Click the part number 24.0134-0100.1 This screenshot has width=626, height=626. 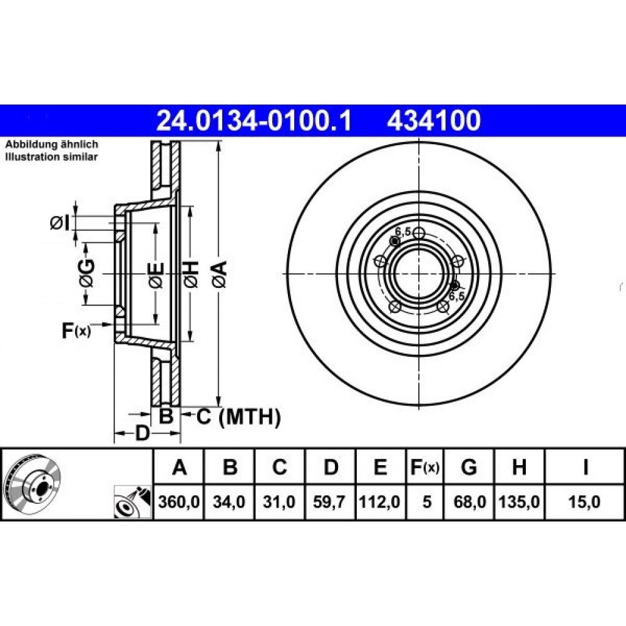[254, 121]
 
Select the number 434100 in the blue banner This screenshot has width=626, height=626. [434, 121]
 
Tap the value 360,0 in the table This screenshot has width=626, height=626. [179, 502]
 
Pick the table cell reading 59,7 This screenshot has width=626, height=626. [329, 502]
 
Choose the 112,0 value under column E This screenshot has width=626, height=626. [380, 502]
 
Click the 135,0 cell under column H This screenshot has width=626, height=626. [519, 502]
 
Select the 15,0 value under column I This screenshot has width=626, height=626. [585, 502]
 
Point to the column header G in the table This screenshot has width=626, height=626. [469, 467]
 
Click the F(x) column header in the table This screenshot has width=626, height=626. [425, 467]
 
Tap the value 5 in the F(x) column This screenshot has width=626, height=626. [427, 502]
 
